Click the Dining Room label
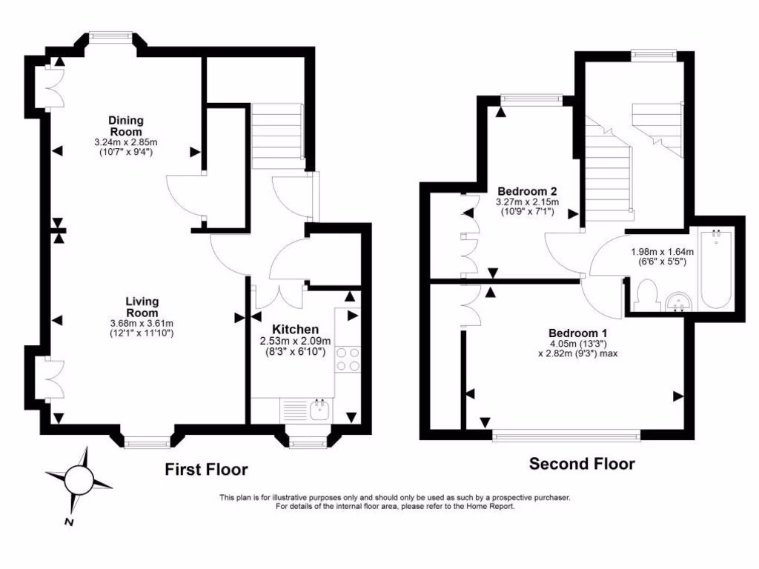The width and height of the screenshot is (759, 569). tap(126, 126)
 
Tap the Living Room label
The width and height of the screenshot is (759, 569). tap(142, 307)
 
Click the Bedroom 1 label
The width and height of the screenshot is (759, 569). tap(577, 333)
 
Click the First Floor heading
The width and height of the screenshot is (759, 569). tap(206, 469)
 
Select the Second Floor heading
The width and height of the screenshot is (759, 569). tap(582, 465)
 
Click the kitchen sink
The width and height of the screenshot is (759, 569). tap(320, 410)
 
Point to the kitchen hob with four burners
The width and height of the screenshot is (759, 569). tap(348, 360)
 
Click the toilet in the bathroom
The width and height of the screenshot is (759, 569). tap(645, 293)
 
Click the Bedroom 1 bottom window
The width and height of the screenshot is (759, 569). tap(567, 436)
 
